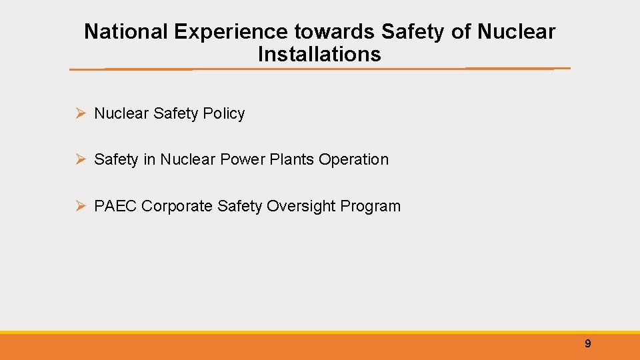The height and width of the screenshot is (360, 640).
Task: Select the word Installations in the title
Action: coord(319,54)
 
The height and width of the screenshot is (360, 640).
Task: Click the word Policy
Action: coord(224,114)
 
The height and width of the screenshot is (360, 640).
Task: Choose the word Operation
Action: coord(353,160)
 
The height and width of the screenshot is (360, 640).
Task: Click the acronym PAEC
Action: coord(115,207)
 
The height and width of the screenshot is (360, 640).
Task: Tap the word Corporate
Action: coord(177,207)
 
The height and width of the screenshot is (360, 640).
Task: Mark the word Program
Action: coord(371,207)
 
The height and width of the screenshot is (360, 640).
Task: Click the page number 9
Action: coord(587,344)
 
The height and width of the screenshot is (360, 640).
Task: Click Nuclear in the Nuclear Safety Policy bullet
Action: coord(121,114)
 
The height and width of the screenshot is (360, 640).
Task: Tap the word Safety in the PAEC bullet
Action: coord(240,207)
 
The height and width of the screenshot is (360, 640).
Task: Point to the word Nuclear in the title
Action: coord(516,31)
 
